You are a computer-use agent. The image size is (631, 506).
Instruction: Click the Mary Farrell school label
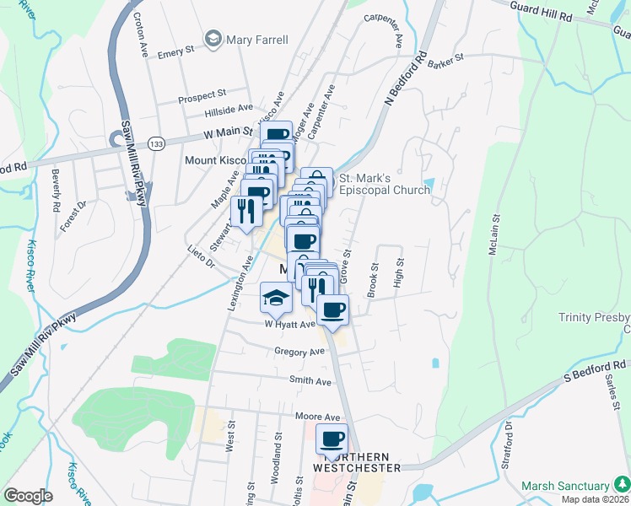tap(256, 40)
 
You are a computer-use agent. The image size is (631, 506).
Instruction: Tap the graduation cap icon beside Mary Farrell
tap(213, 40)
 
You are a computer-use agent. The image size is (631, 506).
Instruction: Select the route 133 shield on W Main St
tap(155, 144)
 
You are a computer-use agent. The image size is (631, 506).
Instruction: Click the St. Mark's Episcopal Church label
tap(384, 184)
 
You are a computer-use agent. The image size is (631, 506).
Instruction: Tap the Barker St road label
tap(446, 59)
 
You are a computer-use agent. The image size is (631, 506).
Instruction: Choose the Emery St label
tap(176, 52)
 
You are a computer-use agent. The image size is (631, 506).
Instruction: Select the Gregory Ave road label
tap(299, 351)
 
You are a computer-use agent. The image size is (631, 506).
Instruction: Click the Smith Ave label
tap(310, 381)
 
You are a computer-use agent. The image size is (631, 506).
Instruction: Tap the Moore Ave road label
tap(317, 417)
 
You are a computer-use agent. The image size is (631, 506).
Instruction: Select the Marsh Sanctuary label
tap(565, 486)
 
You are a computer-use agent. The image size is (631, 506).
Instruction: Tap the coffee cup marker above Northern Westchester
tap(332, 439)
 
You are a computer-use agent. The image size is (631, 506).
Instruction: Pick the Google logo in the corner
tap(28, 496)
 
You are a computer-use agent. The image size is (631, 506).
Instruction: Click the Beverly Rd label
tap(56, 191)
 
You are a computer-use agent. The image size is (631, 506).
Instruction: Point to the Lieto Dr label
tap(201, 257)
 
